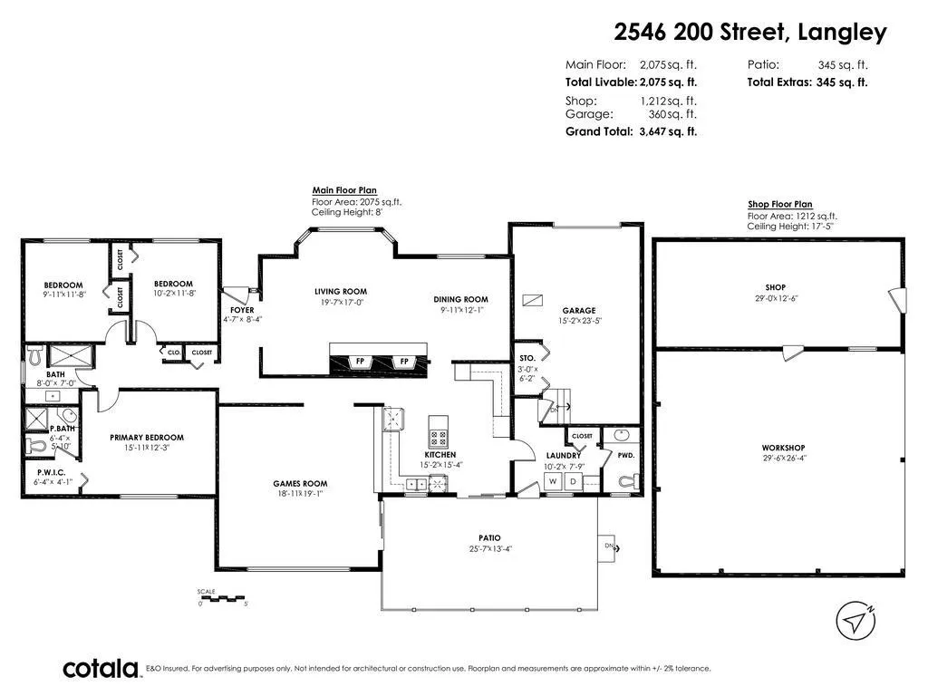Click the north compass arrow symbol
point(855,621)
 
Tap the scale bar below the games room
point(223,598)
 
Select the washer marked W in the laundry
point(553,481)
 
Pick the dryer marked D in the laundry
point(573,481)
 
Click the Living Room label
point(341,291)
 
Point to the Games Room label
point(300,484)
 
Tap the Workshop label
point(783,448)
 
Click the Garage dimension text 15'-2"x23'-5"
point(579,321)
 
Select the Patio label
point(489,538)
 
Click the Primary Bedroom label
point(147,438)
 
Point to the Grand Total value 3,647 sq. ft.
point(668,131)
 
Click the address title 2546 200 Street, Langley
point(750,32)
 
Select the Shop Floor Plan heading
point(780,204)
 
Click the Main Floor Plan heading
point(344,190)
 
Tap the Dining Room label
point(460,299)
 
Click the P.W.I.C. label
point(52,472)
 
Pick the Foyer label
point(242,310)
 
